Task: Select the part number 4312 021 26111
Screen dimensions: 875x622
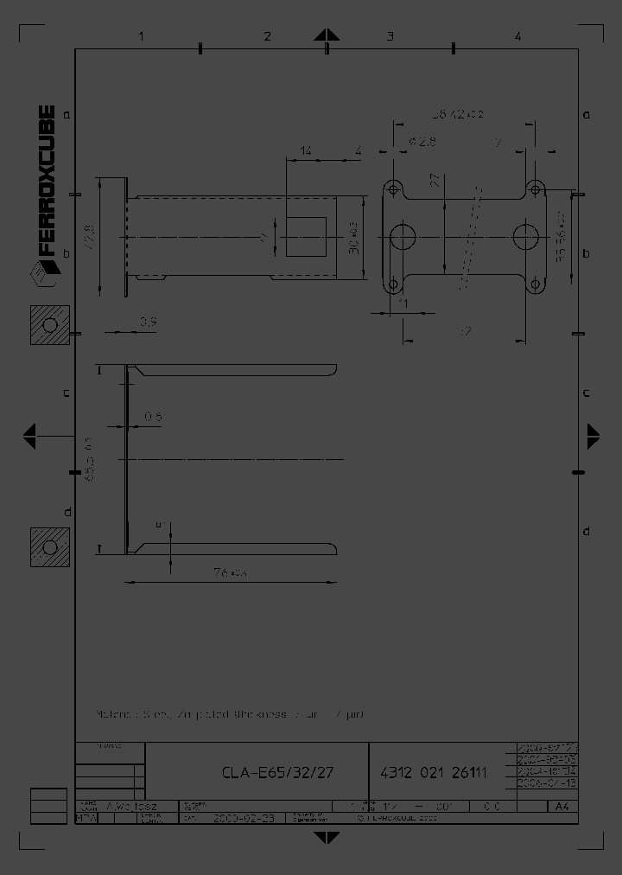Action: pos(434,772)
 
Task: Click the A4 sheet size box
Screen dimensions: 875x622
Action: pos(562,807)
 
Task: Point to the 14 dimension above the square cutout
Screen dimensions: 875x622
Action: pos(306,151)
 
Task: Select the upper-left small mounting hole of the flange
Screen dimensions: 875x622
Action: pos(393,188)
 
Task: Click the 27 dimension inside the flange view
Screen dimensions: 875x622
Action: pos(435,180)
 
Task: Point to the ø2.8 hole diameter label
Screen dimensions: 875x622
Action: pos(422,141)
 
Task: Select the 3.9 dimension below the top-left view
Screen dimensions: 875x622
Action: pos(148,322)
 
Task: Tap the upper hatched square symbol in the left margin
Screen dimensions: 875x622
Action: pos(49,325)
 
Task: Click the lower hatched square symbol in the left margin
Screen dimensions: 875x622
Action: pos(49,546)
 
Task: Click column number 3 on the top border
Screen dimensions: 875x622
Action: pos(390,36)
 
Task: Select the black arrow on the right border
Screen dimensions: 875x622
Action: pos(594,436)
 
